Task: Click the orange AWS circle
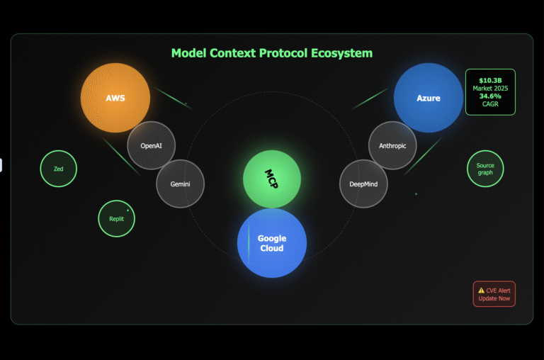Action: [115, 98]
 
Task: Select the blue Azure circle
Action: [428, 98]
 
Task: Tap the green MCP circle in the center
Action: [272, 179]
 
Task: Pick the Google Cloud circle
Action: [271, 243]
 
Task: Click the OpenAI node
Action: [151, 145]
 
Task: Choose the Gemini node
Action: [180, 184]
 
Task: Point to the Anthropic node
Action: [392, 145]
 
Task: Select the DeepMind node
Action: [363, 184]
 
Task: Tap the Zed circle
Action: [58, 169]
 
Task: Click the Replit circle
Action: [116, 219]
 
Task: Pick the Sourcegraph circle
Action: [485, 169]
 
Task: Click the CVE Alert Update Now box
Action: [494, 294]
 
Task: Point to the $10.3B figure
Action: [490, 80]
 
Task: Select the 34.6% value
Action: [490, 96]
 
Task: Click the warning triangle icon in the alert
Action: [481, 291]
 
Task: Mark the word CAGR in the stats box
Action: [490, 103]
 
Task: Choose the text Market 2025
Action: [490, 88]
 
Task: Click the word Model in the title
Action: [189, 53]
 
